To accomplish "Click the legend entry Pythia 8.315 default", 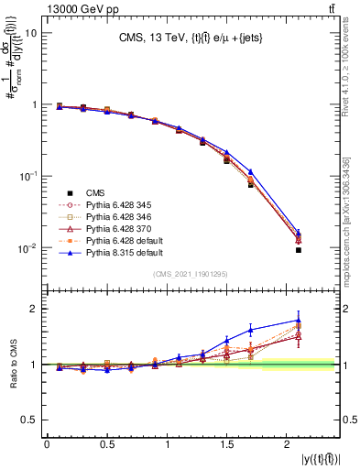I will (x=115, y=250).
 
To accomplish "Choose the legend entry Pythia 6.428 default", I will (x=115, y=239).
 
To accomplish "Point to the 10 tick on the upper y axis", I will (x=30, y=33).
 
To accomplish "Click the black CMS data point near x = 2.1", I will (x=299, y=250).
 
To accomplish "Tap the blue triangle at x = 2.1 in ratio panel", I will (x=299, y=321).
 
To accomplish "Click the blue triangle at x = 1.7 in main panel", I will (x=250, y=171).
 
